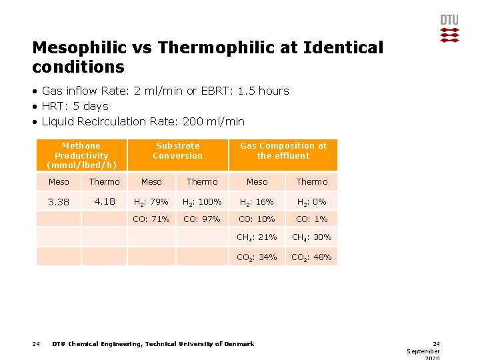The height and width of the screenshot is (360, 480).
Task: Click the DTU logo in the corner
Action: click(449, 28)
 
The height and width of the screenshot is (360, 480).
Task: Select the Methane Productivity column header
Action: click(81, 155)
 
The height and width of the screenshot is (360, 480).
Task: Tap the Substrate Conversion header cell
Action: click(177, 151)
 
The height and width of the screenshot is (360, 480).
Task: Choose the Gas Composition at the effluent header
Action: click(283, 151)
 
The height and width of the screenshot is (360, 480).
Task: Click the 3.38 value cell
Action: click(59, 202)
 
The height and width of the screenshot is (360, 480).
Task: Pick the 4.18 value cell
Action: click(105, 201)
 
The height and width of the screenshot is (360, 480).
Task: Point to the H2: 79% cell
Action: click(151, 202)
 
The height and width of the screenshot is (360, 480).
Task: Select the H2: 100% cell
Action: click(202, 202)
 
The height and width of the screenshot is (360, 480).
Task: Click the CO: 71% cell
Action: click(151, 219)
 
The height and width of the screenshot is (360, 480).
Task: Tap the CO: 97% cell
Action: click(202, 219)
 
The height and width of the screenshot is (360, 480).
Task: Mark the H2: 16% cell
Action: click(257, 202)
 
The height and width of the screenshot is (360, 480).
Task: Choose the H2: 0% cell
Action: click(312, 202)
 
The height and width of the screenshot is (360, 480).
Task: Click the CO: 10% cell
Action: click(257, 219)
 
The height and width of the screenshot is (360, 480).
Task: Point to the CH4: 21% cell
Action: click(257, 237)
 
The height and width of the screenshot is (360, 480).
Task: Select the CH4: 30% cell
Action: click(312, 237)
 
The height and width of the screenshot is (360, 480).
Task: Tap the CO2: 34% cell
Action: click(257, 257)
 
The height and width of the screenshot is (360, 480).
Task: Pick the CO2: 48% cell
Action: click(312, 257)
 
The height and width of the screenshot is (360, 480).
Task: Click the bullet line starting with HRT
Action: click(75, 106)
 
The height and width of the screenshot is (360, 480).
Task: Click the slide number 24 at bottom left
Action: click(36, 344)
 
